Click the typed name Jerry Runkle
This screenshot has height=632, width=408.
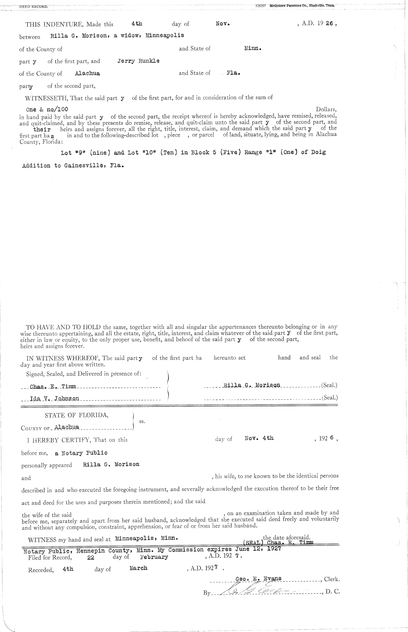click(x=138, y=62)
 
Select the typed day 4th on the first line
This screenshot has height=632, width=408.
click(x=137, y=24)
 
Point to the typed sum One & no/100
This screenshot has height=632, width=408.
click(x=47, y=109)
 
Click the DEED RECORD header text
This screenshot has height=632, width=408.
click(x=34, y=6)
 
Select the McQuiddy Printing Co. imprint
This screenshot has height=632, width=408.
click(x=302, y=6)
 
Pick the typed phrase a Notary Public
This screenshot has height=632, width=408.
click(x=81, y=453)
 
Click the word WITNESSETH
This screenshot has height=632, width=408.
click(x=47, y=98)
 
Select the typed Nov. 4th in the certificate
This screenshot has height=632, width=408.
click(x=259, y=438)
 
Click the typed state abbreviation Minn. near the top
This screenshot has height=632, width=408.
click(x=253, y=48)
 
